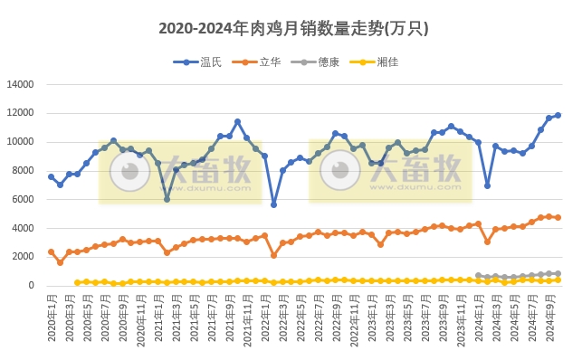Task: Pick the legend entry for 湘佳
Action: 386,62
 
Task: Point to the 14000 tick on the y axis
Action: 20,85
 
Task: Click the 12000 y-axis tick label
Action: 20,114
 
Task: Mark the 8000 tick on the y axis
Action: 23,171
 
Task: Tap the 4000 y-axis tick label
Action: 23,229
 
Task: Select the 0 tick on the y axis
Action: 31,286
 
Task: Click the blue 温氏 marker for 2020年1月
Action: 51,176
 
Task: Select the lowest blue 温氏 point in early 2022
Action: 273,204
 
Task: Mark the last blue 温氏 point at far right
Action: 558,115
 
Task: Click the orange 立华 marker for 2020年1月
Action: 51,251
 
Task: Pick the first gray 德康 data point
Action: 478,275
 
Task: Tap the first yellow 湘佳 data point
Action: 78,282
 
